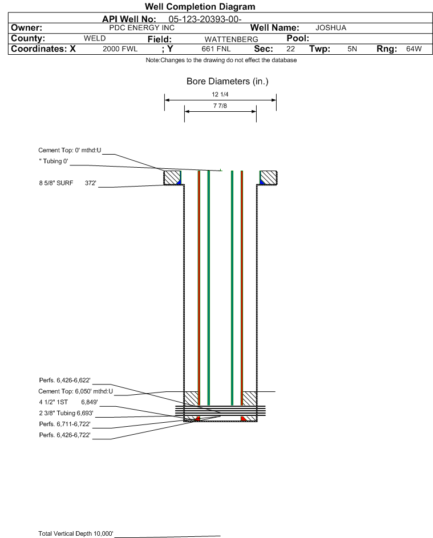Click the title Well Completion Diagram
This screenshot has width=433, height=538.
click(x=200, y=7)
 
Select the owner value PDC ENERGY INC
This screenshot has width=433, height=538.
click(x=141, y=28)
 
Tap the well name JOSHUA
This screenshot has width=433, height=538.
click(x=331, y=28)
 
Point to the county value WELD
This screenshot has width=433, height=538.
click(x=95, y=38)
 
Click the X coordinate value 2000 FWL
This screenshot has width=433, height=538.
click(x=120, y=49)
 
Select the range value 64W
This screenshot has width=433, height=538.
click(x=414, y=49)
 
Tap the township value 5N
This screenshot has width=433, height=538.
click(x=352, y=49)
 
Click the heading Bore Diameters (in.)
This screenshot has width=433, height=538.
click(x=227, y=82)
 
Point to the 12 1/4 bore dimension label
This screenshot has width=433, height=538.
click(x=220, y=95)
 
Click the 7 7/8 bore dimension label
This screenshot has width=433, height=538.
click(x=220, y=106)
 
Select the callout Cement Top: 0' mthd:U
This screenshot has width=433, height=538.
click(x=70, y=151)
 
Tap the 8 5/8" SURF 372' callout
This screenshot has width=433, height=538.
click(x=67, y=183)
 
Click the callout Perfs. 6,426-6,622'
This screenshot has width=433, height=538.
click(x=64, y=381)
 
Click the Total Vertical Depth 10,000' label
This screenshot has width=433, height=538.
click(x=76, y=533)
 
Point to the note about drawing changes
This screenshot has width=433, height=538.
click(x=221, y=60)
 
